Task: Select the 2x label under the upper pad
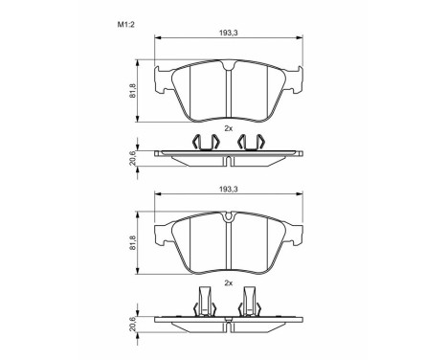coord(228,128)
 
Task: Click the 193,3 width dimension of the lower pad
coord(228,191)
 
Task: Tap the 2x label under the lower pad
coord(228,284)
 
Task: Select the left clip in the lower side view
coord(204,304)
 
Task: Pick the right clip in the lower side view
coord(253,304)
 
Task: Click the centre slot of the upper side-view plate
coord(229,157)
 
